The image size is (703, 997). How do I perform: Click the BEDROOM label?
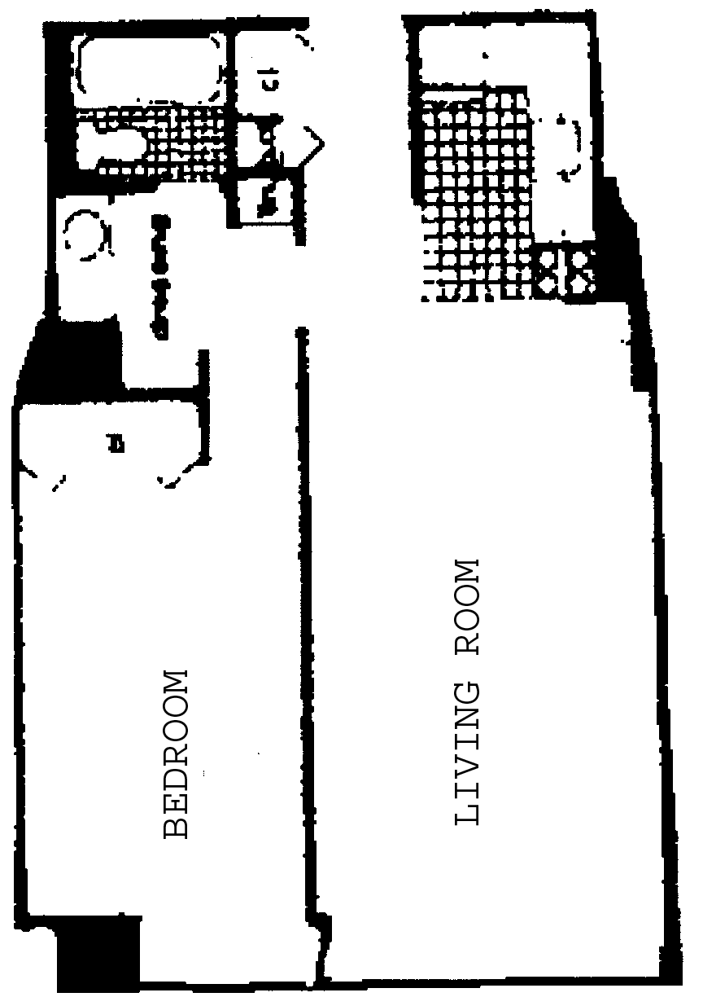pos(177,753)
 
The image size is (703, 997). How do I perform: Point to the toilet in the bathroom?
pos(110,147)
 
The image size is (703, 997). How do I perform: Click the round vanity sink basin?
pos(85,236)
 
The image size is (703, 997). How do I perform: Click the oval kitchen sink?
pos(569,147)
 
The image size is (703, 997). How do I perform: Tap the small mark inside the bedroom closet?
pos(116,444)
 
